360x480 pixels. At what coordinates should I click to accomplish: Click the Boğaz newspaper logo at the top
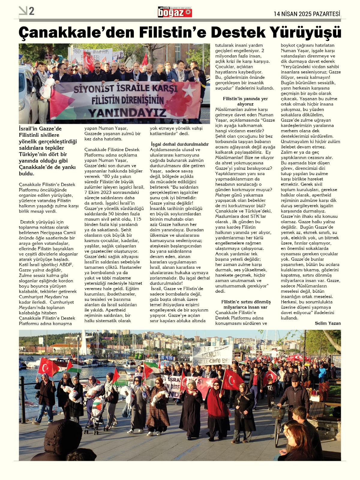[x=175, y=12]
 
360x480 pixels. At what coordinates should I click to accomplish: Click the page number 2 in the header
[x=31, y=11]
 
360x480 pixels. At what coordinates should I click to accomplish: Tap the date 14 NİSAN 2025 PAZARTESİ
[x=307, y=14]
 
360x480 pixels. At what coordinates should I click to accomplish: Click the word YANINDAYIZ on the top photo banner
[x=127, y=113]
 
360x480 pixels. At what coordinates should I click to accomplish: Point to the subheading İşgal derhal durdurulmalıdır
[x=179, y=144]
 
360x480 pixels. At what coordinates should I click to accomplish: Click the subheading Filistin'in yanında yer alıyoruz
[x=245, y=101]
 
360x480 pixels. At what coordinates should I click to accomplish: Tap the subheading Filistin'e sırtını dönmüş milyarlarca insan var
[x=246, y=304]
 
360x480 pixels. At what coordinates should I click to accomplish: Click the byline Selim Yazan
[x=328, y=323]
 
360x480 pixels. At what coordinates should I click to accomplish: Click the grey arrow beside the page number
[x=23, y=11]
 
